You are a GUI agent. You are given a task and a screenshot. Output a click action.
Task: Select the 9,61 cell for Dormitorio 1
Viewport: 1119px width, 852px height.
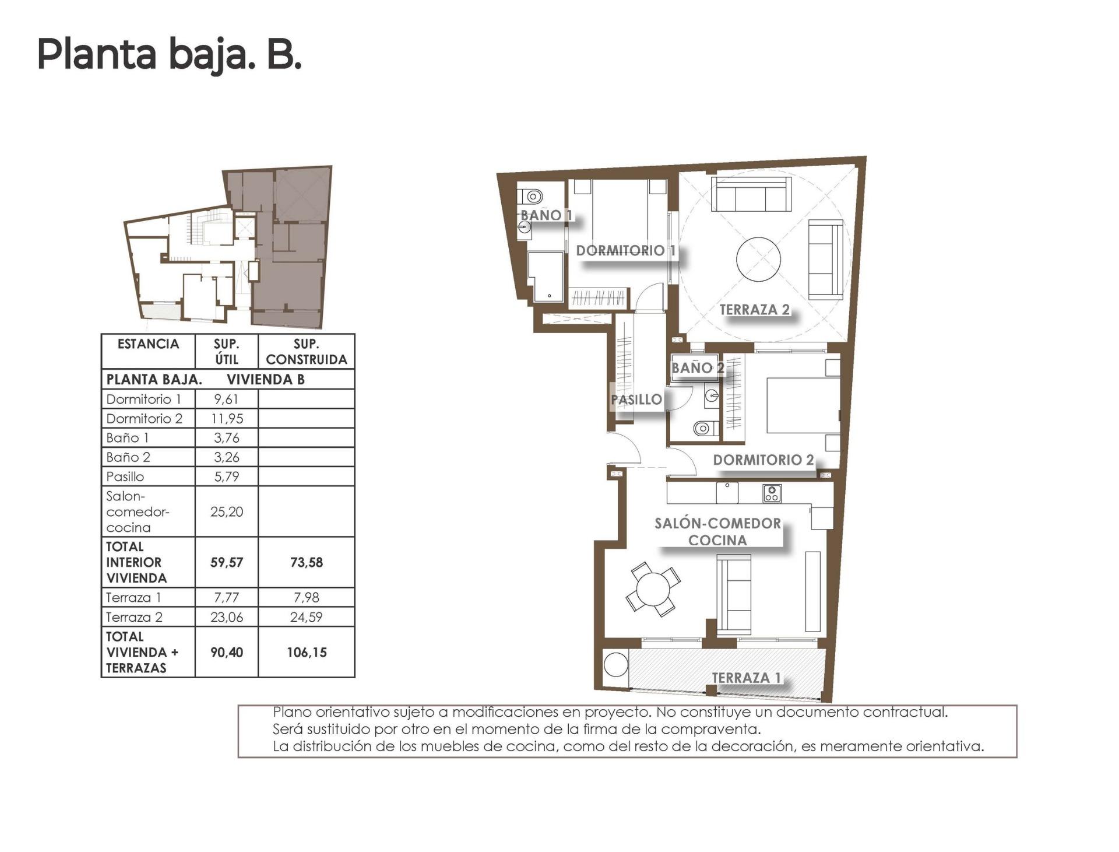point(226,399)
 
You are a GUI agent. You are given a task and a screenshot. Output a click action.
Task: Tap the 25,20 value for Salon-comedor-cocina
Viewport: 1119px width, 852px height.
point(226,511)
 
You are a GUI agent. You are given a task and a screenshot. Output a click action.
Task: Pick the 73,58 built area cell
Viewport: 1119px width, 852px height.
point(306,562)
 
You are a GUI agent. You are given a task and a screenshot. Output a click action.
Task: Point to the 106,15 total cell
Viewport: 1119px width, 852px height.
point(306,652)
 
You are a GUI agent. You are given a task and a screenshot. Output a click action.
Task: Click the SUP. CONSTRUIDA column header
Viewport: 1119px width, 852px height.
point(306,352)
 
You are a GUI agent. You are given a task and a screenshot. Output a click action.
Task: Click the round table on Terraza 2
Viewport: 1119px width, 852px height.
point(758,259)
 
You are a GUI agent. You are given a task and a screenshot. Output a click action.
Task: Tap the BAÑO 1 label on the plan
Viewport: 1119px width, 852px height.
point(546,215)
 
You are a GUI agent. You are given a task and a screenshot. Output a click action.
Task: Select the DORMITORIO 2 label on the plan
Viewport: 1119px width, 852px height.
point(763,460)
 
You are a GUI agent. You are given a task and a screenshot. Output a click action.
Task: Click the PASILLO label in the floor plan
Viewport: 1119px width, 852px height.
point(636,399)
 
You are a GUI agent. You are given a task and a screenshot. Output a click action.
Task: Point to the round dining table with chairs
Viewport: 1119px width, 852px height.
point(653,589)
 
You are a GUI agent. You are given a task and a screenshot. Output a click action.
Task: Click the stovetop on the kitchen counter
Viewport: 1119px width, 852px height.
point(772,493)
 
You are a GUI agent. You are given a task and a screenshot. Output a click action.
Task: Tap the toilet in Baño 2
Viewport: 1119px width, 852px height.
point(703,429)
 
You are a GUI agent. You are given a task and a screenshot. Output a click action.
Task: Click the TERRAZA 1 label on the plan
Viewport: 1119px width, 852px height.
point(746,678)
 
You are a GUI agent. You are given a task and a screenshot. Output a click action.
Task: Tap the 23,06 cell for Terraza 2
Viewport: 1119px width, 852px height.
point(226,617)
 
